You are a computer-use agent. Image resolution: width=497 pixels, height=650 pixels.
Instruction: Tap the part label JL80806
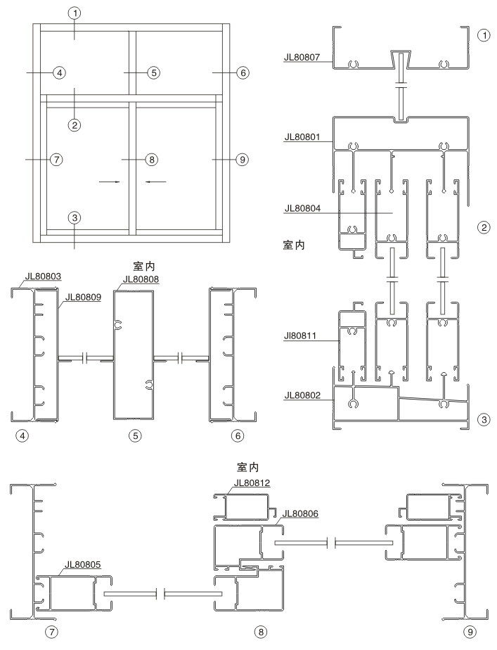point(299,514)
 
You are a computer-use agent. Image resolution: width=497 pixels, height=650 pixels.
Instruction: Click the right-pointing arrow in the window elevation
point(108,181)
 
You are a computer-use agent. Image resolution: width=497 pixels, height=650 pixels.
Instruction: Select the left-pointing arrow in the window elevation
point(156,181)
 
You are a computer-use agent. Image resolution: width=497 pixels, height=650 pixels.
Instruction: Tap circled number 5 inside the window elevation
point(153,72)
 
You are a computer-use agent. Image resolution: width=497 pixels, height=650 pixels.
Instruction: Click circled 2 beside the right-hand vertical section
point(482,227)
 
